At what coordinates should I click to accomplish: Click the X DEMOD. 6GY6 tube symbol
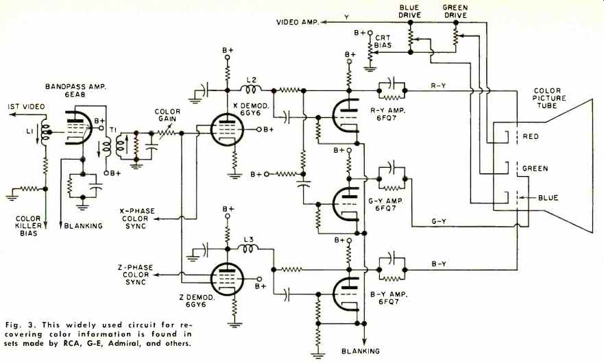[227, 129]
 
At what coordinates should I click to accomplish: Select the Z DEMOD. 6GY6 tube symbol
[227, 279]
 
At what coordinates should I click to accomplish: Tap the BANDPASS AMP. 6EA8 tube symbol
[79, 128]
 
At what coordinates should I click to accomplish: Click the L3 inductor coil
[250, 249]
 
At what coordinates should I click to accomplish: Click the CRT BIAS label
[383, 41]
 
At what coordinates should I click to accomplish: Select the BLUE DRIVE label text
[410, 11]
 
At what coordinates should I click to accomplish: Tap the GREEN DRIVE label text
[455, 11]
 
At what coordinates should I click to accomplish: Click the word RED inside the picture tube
[531, 136]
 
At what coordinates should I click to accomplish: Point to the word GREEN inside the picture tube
[535, 168]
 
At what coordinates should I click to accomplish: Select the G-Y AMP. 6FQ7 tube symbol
[347, 204]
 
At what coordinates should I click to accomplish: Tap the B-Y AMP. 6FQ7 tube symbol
[347, 294]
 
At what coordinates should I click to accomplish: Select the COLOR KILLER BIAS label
[29, 225]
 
